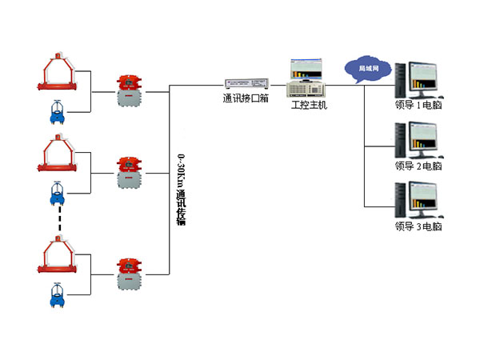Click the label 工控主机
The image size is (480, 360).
tap(309, 104)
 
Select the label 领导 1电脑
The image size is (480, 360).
tap(418, 105)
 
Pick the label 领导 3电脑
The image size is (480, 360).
tap(418, 226)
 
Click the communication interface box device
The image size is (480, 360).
tap(246, 84)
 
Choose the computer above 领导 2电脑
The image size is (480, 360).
tap(423, 139)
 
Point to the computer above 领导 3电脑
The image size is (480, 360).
tap(423, 200)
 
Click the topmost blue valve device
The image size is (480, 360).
tap(56, 113)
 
